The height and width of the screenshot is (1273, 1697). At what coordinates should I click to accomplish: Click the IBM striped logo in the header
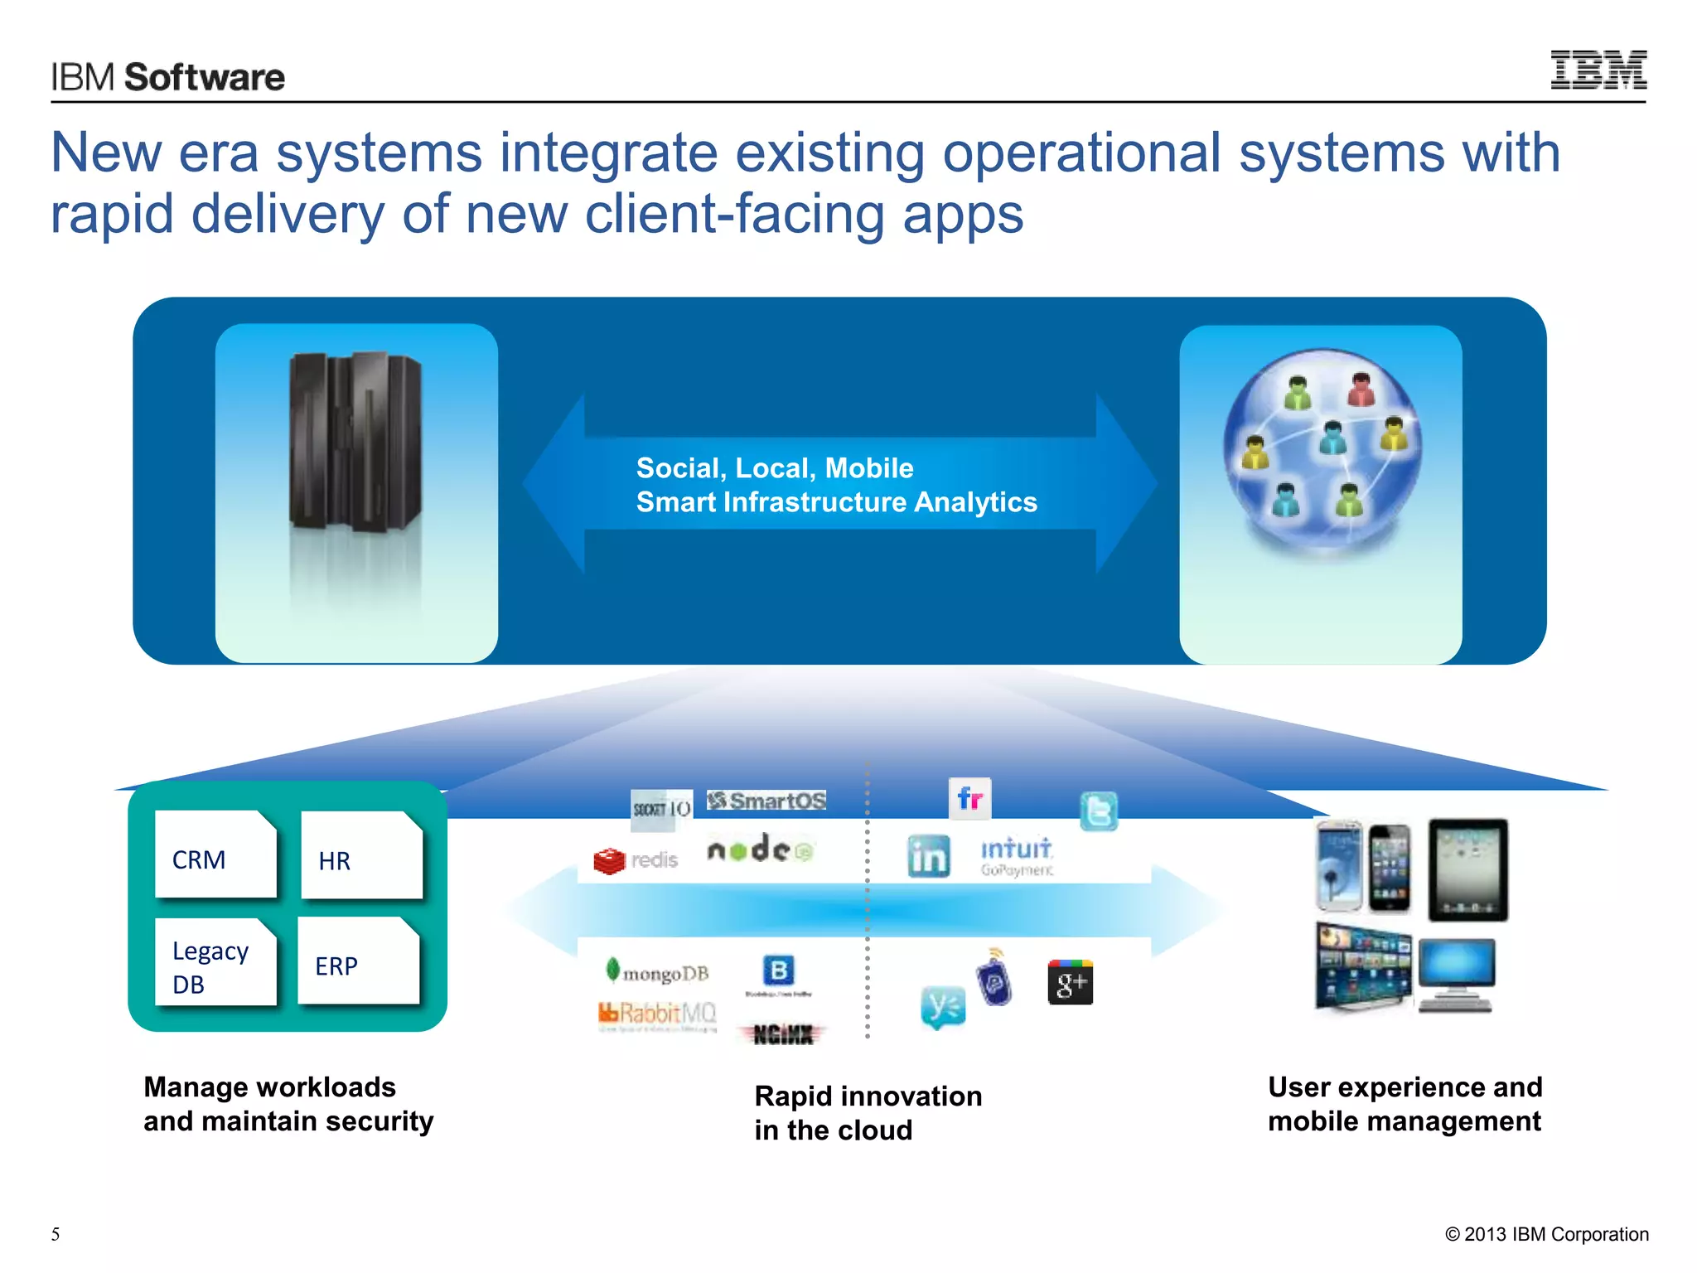click(1598, 70)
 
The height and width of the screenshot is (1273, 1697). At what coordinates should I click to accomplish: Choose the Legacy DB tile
click(215, 962)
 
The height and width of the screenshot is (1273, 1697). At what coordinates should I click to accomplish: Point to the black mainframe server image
click(355, 443)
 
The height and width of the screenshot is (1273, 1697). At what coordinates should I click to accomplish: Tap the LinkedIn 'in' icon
click(928, 856)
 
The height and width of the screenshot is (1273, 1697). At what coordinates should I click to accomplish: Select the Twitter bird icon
click(1099, 811)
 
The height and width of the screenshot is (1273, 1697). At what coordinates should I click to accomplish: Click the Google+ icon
click(1070, 983)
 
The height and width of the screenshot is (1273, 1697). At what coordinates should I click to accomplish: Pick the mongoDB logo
click(658, 972)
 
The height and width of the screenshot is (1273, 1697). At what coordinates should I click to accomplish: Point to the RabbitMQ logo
click(656, 1014)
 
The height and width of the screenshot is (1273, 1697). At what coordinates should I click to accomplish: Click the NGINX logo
click(782, 1034)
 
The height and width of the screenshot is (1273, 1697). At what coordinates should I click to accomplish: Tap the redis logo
click(636, 860)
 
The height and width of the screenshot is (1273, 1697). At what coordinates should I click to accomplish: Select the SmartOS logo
click(766, 801)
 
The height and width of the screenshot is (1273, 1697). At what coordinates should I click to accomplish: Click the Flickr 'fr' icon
click(969, 799)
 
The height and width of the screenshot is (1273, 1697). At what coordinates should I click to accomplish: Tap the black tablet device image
click(1467, 869)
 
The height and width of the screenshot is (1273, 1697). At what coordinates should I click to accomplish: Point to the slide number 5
click(56, 1234)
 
